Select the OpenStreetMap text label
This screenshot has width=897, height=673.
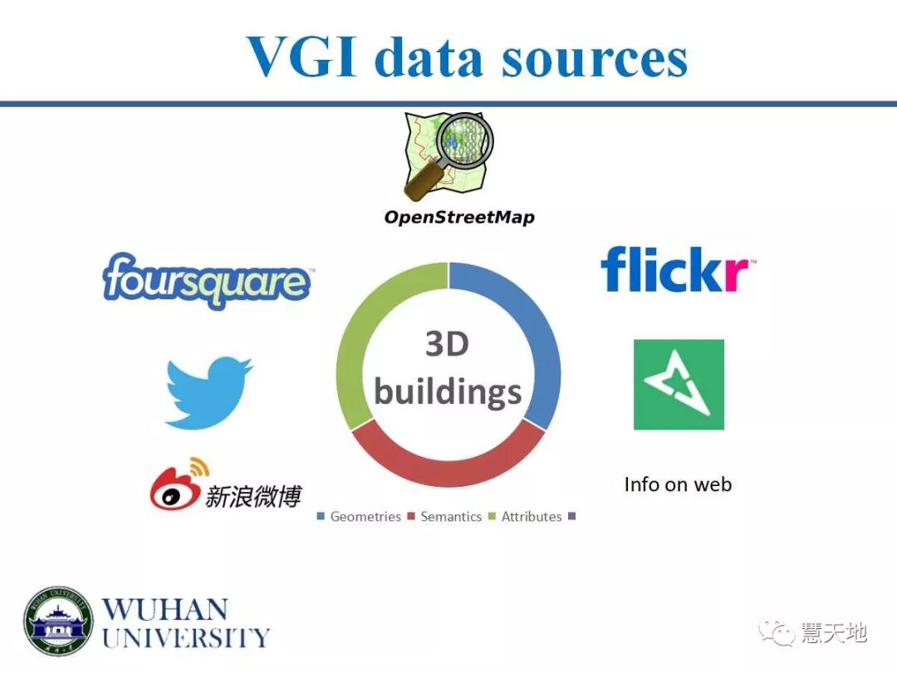(x=458, y=218)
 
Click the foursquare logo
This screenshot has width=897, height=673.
(x=207, y=281)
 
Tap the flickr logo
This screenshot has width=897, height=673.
(x=678, y=269)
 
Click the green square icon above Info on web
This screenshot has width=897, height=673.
(x=679, y=385)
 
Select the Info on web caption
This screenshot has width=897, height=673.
(x=678, y=484)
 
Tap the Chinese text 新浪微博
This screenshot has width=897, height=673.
(x=252, y=497)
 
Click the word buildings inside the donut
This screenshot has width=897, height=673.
(x=448, y=391)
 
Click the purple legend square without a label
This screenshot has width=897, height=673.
(x=571, y=516)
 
